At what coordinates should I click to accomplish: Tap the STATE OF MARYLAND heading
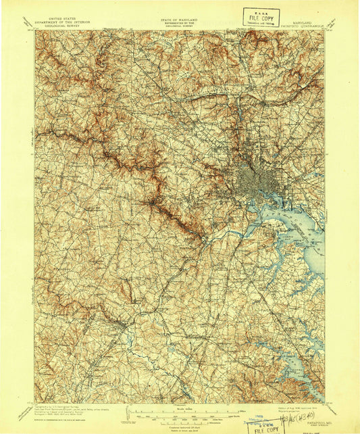(180, 20)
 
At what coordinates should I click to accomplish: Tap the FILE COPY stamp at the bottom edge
(265, 427)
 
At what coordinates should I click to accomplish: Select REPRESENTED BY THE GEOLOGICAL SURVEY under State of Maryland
(180, 25)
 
